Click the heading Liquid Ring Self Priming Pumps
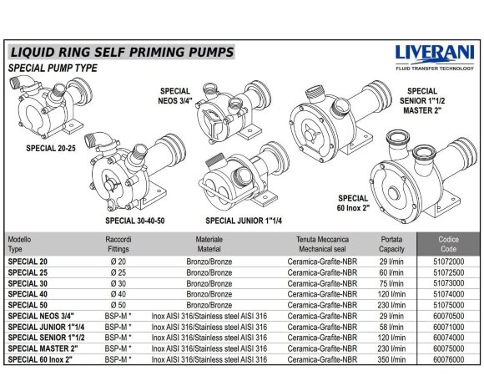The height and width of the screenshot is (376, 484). click(x=120, y=53)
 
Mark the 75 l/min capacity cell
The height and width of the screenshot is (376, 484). click(x=391, y=283)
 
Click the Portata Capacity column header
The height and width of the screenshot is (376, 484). click(x=391, y=243)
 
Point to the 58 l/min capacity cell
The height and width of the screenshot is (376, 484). click(x=391, y=327)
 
